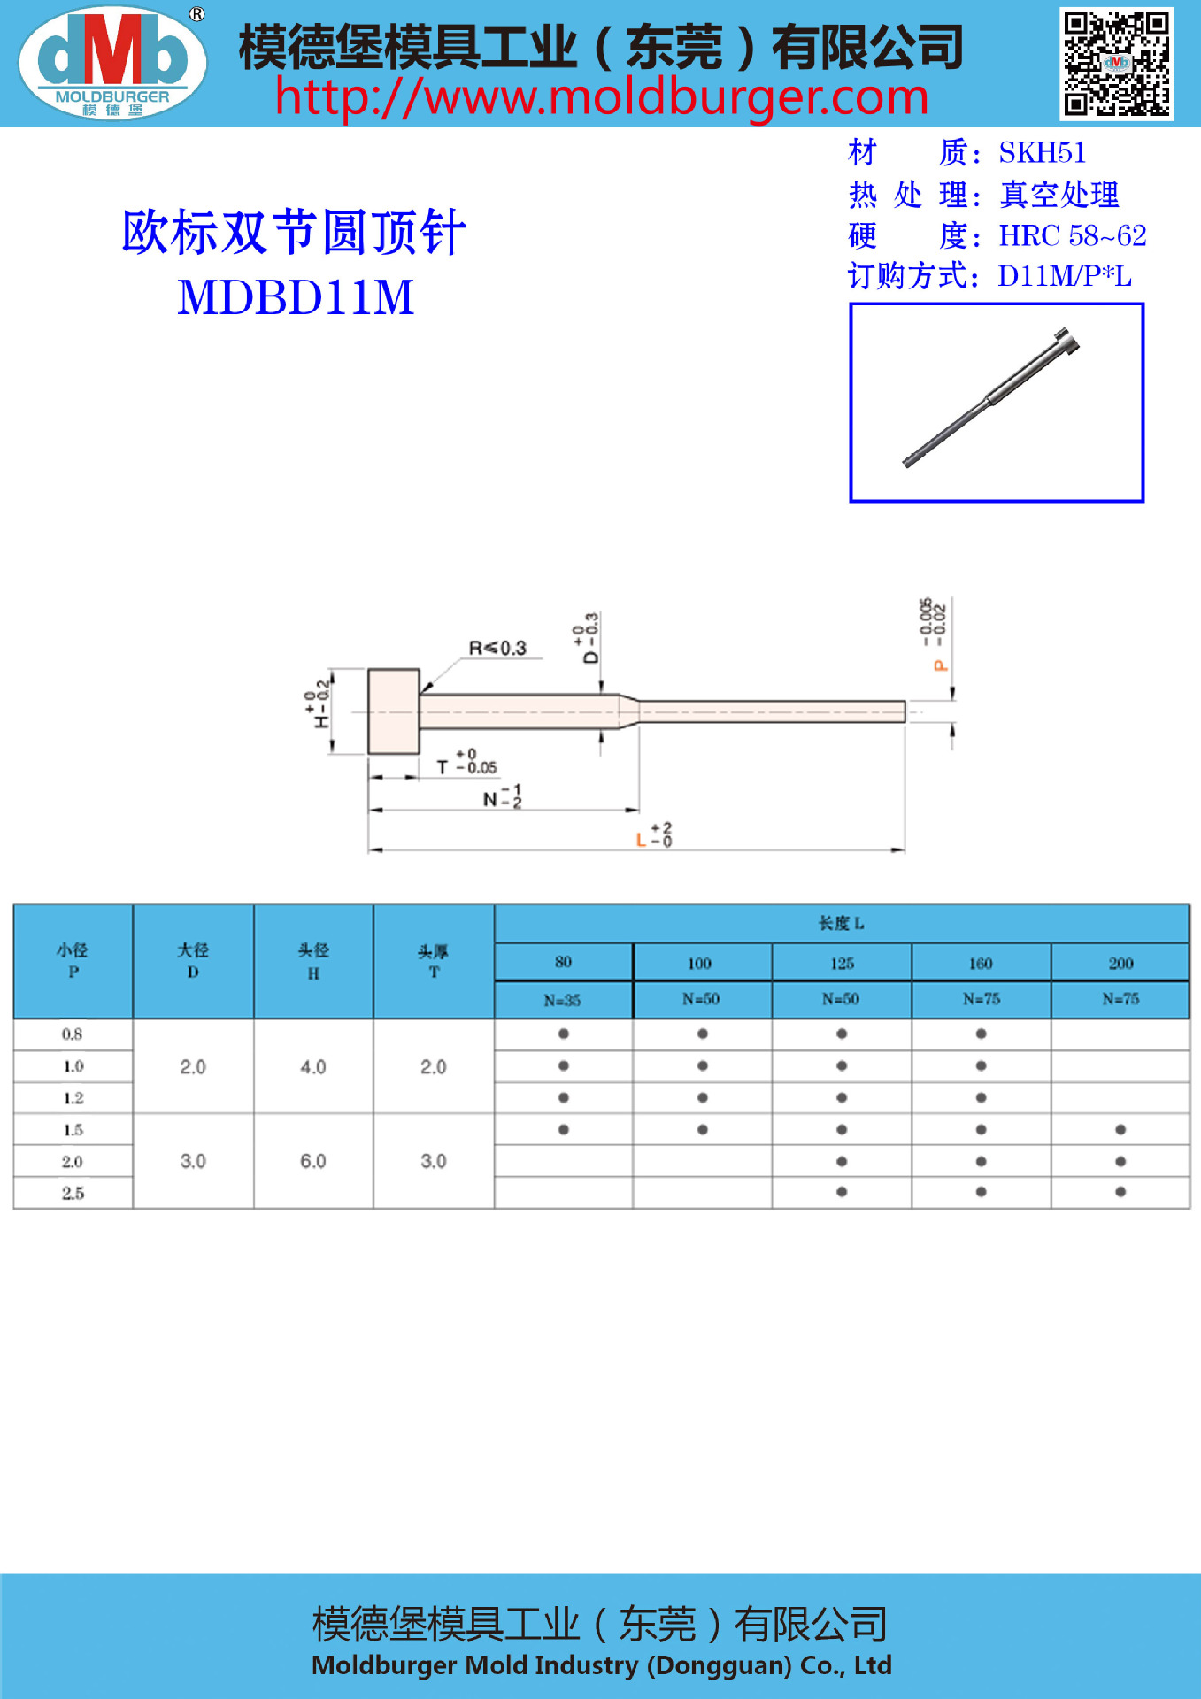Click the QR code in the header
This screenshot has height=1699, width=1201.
click(x=1117, y=64)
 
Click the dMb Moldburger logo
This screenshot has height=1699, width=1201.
click(x=112, y=63)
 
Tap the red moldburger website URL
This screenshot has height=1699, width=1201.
click(x=601, y=97)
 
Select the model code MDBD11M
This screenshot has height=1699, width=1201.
click(x=296, y=297)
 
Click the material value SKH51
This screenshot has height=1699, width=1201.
click(x=1042, y=153)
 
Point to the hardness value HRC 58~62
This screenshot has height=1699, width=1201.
click(x=1072, y=235)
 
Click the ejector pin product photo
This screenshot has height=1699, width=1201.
click(x=996, y=403)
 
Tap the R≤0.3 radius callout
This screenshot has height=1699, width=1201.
click(x=497, y=648)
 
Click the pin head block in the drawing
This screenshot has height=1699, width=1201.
click(x=394, y=711)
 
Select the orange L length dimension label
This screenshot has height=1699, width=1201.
click(x=641, y=839)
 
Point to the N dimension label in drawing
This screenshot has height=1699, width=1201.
click(x=490, y=799)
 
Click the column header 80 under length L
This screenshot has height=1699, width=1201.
click(x=563, y=962)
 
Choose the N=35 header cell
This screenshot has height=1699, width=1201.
click(x=563, y=1000)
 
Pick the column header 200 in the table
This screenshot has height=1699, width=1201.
click(x=1120, y=963)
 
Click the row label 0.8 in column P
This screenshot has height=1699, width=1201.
click(x=73, y=1034)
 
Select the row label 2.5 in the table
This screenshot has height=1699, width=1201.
click(x=73, y=1193)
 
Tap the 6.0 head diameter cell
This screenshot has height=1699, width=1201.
click(x=313, y=1161)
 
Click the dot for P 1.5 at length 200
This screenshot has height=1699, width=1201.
click(x=1120, y=1129)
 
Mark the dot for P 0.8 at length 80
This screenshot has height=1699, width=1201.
click(x=563, y=1034)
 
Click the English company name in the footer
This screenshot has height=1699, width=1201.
click(x=601, y=1665)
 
